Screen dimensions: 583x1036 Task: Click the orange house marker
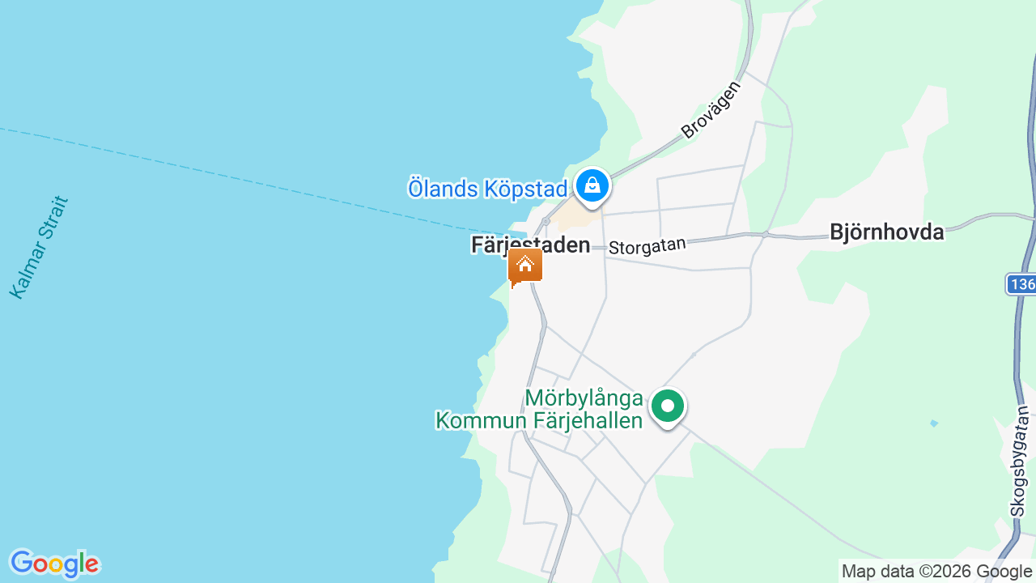click(x=524, y=266)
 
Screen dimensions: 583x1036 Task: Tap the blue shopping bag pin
click(x=592, y=185)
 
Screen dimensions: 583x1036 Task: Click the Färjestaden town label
click(x=530, y=245)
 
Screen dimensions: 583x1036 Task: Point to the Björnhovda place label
click(x=887, y=232)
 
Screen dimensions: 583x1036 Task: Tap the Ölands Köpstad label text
click(x=487, y=189)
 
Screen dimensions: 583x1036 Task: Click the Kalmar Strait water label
click(x=39, y=247)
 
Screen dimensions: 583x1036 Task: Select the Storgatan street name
click(x=647, y=245)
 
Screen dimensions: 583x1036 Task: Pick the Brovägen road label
click(x=711, y=109)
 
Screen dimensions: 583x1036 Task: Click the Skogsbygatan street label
click(x=1019, y=462)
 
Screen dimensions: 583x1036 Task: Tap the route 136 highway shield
click(x=1022, y=284)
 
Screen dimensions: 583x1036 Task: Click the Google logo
click(x=54, y=564)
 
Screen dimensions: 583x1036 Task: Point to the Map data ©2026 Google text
click(x=937, y=572)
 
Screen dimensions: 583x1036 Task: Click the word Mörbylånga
click(x=584, y=398)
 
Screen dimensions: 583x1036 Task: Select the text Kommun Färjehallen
click(x=539, y=420)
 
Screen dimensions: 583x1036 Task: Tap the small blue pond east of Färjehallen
click(x=934, y=423)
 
